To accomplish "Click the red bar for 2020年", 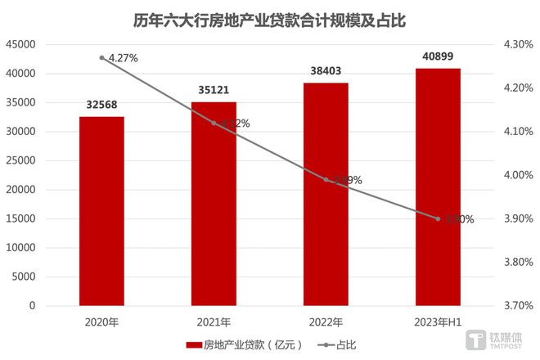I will tap(101, 211).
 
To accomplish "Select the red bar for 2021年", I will tap(214, 204).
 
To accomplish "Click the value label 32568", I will tap(101, 105).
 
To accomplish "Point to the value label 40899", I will tap(438, 56).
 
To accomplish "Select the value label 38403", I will tap(326, 71).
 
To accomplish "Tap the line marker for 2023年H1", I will tap(438, 218).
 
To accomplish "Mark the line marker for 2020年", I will tap(101, 57).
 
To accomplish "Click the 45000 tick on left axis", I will tap(20, 44).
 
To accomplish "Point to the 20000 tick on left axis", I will tap(20, 190).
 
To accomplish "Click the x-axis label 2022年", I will tap(326, 322).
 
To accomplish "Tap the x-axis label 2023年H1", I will tap(438, 322).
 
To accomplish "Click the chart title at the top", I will tap(270, 18).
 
